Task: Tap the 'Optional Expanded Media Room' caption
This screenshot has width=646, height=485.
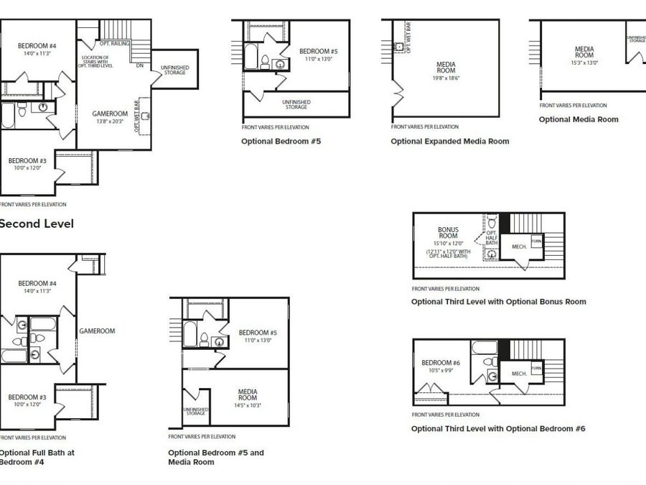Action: (449, 142)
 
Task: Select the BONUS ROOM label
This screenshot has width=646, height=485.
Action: (448, 233)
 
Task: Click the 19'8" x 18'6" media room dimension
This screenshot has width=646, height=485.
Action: (446, 78)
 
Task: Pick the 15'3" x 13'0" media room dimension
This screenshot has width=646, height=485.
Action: (584, 63)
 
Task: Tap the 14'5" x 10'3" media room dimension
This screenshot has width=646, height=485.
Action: (248, 406)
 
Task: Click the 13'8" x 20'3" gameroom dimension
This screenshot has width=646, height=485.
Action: (110, 121)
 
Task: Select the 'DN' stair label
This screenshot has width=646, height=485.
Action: (139, 65)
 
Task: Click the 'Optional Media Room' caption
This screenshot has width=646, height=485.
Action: (578, 119)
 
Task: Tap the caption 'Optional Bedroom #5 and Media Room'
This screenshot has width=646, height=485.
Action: (216, 457)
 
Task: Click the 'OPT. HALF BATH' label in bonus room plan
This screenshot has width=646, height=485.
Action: (492, 239)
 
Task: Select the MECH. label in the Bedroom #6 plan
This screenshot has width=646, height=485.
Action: (519, 374)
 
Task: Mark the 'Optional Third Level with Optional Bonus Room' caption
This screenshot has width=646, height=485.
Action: (498, 302)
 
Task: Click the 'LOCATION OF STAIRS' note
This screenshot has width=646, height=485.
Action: (95, 61)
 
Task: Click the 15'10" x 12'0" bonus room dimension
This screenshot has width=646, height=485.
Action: (448, 243)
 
